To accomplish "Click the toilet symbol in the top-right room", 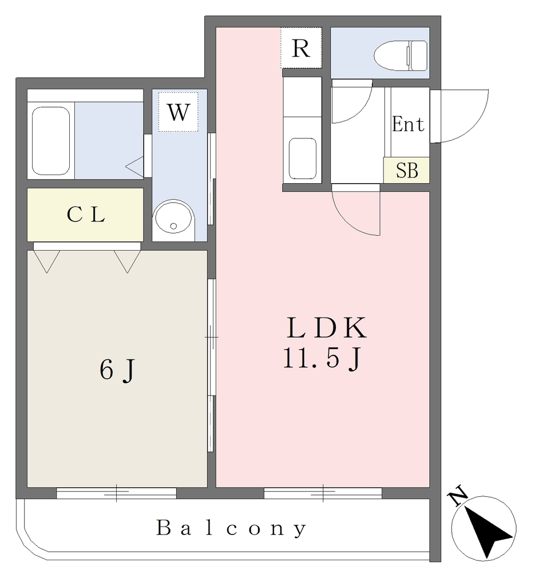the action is click(401, 56).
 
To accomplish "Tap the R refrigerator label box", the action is click(301, 48).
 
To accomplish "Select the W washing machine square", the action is click(178, 112).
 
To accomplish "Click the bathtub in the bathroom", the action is click(51, 141).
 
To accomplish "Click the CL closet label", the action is click(86, 215).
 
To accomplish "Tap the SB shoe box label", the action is click(407, 171).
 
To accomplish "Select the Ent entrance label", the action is click(408, 124).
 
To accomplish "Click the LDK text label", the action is click(326, 328).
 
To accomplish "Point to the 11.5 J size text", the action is click(322, 359).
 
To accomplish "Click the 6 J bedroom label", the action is click(117, 370).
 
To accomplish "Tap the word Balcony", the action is click(231, 528).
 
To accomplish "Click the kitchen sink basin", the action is click(303, 159).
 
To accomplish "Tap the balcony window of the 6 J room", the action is click(116, 493).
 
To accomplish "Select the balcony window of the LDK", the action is click(323, 493).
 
